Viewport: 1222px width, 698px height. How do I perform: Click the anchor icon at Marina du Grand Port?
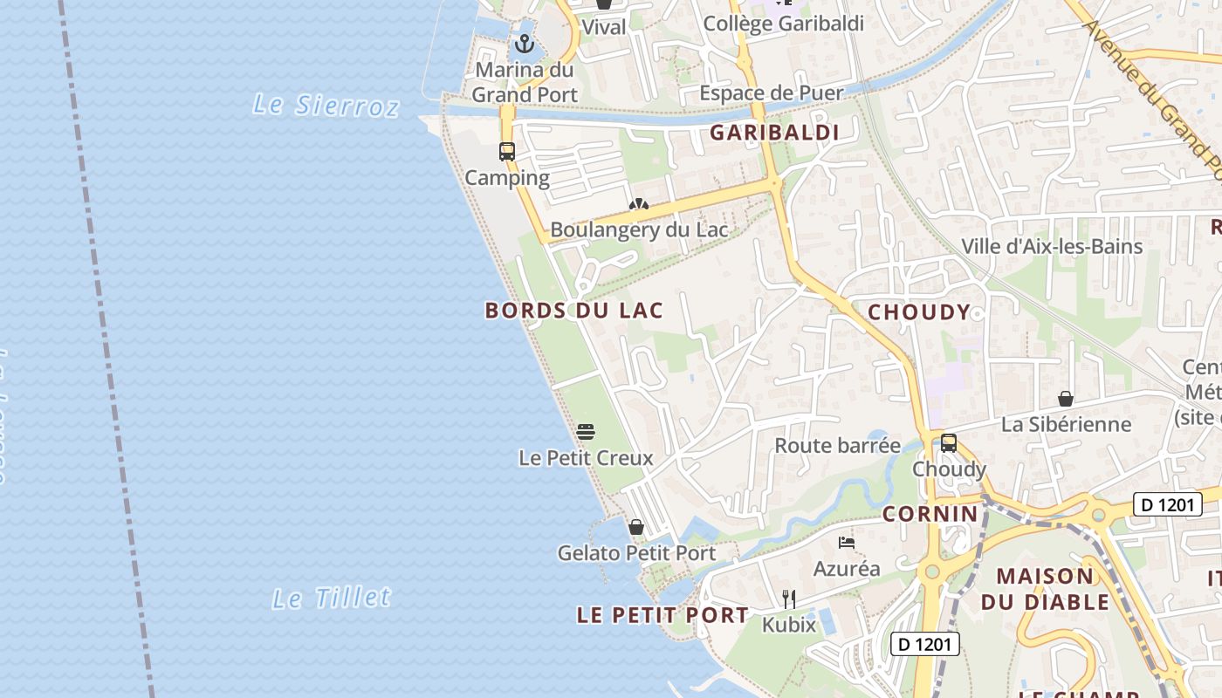coord(525,44)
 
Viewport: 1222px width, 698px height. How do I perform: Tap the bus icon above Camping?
coord(507,152)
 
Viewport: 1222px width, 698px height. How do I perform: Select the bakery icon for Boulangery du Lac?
coord(639,205)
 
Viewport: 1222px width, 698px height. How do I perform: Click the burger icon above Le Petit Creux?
coord(586,431)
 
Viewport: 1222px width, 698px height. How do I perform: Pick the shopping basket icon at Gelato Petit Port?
coord(636,527)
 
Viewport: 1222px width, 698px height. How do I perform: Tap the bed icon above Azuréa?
coord(847,543)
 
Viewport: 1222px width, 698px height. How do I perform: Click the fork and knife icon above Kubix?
coord(789,599)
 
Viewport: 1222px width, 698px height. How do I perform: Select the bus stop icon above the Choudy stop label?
coord(949,443)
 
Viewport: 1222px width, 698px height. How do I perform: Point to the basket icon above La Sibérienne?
coord(1066,399)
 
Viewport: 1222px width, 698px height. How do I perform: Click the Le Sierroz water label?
coord(326,106)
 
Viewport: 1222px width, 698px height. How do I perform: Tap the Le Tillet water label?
coord(332,599)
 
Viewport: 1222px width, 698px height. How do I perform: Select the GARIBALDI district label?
coord(774,133)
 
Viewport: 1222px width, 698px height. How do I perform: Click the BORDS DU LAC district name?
coord(574,311)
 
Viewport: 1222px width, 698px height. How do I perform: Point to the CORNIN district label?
coord(930,514)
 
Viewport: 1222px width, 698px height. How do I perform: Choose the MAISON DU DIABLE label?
coord(1045,589)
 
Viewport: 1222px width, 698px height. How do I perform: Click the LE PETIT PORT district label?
coord(662,615)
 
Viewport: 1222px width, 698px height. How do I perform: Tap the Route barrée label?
coord(838,446)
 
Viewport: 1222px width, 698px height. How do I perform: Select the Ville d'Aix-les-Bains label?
coord(1052,247)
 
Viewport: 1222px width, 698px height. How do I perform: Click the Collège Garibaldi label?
coord(783,24)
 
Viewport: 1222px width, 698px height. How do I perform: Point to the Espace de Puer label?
coord(772,93)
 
